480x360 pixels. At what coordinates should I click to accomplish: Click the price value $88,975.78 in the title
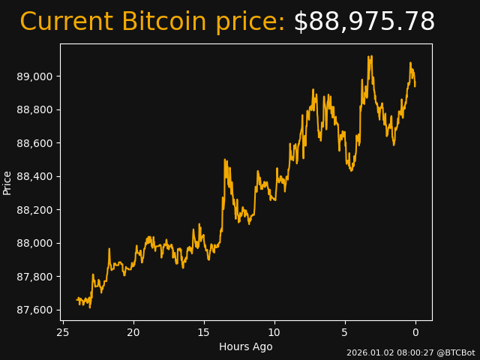click(364, 22)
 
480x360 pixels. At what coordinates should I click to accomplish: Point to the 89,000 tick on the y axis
click(36, 76)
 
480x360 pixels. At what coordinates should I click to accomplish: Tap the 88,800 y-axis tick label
click(36, 110)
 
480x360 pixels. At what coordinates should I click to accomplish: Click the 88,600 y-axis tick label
click(36, 143)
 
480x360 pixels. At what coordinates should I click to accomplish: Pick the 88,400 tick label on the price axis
click(36, 177)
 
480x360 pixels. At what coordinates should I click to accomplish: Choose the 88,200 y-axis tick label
click(36, 210)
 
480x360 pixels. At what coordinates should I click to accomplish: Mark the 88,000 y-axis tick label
click(36, 244)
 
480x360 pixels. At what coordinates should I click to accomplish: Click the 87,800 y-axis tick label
click(36, 277)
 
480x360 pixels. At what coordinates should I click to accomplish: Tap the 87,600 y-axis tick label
click(36, 310)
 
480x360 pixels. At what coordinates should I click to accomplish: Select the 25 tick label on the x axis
click(63, 332)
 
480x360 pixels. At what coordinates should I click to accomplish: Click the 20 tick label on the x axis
click(133, 332)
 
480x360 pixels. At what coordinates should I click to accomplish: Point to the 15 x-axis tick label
click(204, 332)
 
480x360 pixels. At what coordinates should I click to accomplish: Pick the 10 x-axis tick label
click(274, 332)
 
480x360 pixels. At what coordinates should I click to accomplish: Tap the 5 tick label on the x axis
click(345, 332)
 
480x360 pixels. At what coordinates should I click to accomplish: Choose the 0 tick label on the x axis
click(415, 332)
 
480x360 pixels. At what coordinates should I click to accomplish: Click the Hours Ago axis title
click(246, 346)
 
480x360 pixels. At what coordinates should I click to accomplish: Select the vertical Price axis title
click(7, 182)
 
